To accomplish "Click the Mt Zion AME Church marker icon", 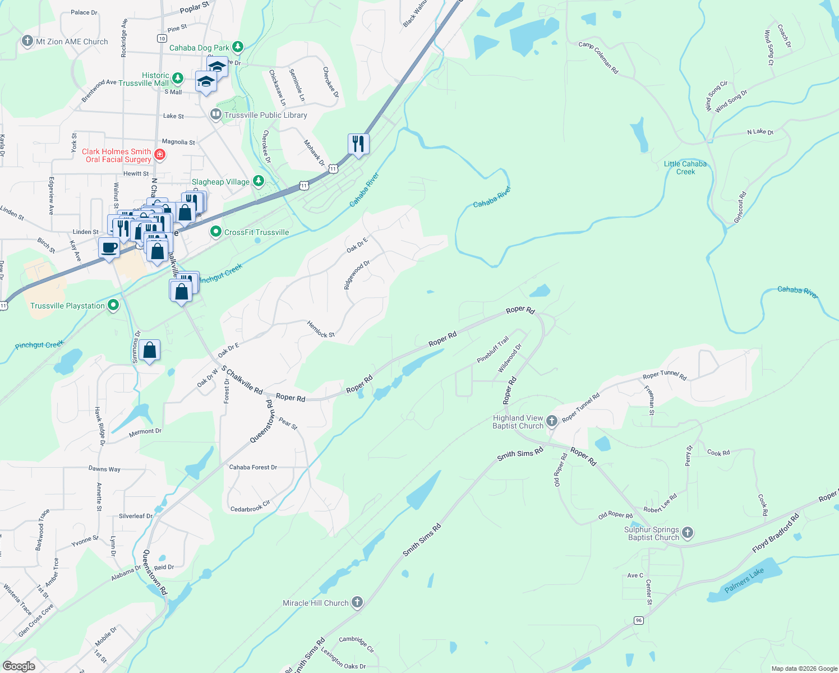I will tap(27, 41).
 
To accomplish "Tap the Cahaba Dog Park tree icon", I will tap(238, 47).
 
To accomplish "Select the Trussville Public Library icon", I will tap(215, 115).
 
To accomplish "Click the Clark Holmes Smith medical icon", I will tap(160, 155).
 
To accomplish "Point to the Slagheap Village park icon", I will tap(259, 181).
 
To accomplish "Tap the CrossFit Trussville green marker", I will tap(215, 232).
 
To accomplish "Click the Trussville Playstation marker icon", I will tap(113, 305).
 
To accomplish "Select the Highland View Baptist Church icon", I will tap(552, 421).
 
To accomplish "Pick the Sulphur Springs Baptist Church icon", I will tap(688, 533).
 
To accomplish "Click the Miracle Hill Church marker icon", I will tap(357, 603).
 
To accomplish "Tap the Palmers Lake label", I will tap(744, 580).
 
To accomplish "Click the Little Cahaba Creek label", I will tap(685, 168).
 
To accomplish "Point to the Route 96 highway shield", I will tap(638, 620).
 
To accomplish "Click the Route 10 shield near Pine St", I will tap(162, 38).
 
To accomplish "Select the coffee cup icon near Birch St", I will tap(109, 247).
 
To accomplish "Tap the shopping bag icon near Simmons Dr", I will tap(150, 350).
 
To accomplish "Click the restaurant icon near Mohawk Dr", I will tap(358, 144).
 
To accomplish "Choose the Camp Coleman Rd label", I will tap(598, 58).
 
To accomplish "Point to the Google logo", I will tap(19, 666).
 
